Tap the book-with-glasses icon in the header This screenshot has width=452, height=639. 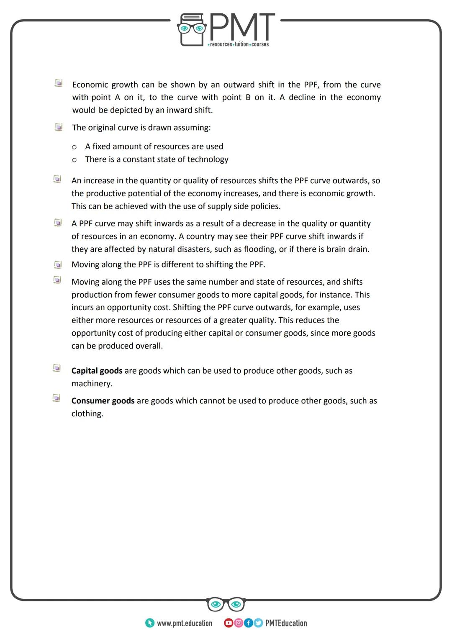pyautogui.click(x=192, y=29)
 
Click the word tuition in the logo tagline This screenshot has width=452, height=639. pyautogui.click(x=241, y=44)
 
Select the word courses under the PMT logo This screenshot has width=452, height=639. pyautogui.click(x=260, y=44)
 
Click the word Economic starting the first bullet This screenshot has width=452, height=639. pyautogui.click(x=90, y=85)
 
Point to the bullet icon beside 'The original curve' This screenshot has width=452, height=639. pyautogui.click(x=58, y=127)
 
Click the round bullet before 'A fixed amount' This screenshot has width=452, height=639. pyautogui.click(x=74, y=147)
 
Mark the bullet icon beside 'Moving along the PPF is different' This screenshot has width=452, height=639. pyautogui.click(x=58, y=264)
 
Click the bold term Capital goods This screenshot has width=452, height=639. pyautogui.click(x=97, y=371)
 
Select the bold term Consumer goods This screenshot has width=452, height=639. pyautogui.click(x=103, y=401)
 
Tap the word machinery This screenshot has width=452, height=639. pyautogui.click(x=92, y=384)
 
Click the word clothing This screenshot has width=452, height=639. pyautogui.click(x=87, y=414)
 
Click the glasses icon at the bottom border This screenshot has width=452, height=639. pyautogui.click(x=226, y=604)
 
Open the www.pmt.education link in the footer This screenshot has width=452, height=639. pyautogui.click(x=184, y=624)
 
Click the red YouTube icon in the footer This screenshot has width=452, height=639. pyautogui.click(x=229, y=623)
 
